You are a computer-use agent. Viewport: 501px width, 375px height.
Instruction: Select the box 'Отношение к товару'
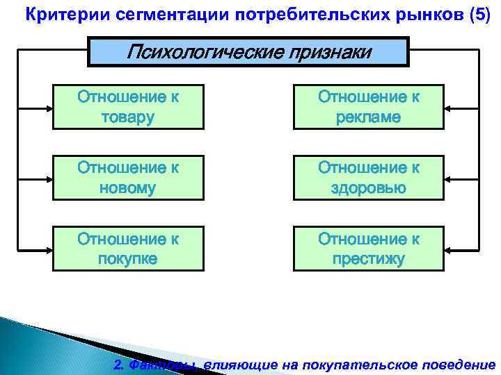click(129, 107)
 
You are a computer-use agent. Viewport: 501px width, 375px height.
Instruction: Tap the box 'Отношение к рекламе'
click(369, 107)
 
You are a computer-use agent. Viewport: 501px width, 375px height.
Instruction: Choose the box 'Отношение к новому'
click(129, 178)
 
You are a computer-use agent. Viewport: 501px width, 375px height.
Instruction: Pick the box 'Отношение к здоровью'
click(369, 178)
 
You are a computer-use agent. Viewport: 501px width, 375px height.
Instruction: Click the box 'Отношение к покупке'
click(129, 249)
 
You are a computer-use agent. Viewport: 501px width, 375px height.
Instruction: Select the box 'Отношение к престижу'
click(369, 249)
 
